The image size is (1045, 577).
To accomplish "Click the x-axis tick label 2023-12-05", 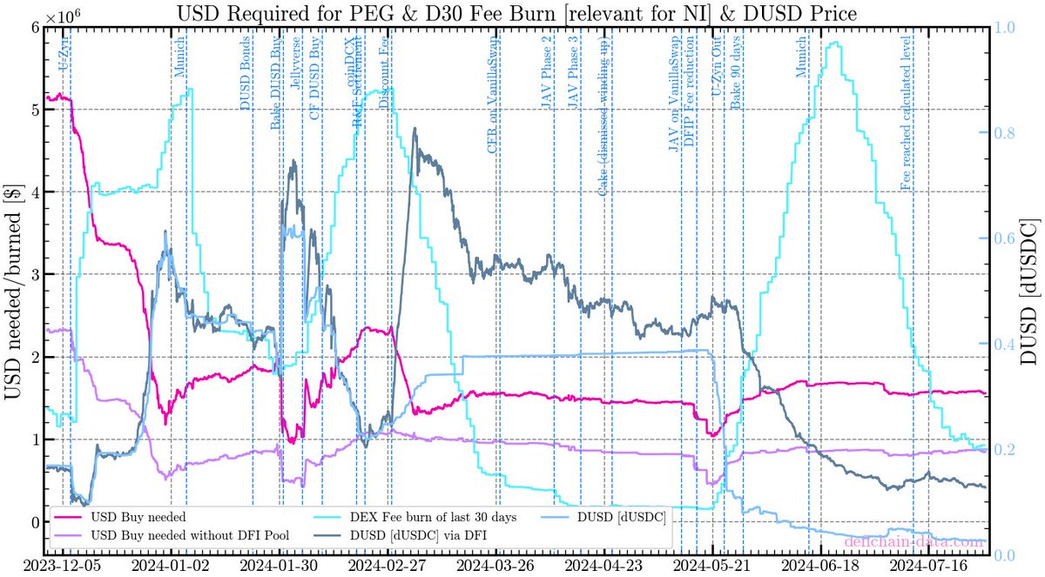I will [64, 567].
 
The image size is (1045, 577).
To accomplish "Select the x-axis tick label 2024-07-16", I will [929, 567].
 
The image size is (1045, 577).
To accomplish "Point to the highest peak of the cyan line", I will [836, 43].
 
